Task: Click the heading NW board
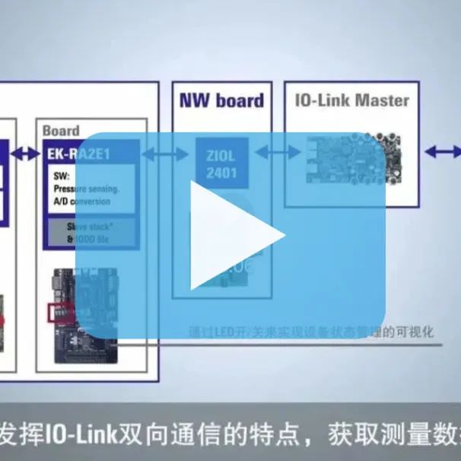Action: point(221,100)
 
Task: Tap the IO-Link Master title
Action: point(351,100)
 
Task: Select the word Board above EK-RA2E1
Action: point(61,130)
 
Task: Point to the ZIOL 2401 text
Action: point(221,163)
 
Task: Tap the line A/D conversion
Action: point(81,202)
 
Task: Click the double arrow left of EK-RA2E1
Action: point(26,154)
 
